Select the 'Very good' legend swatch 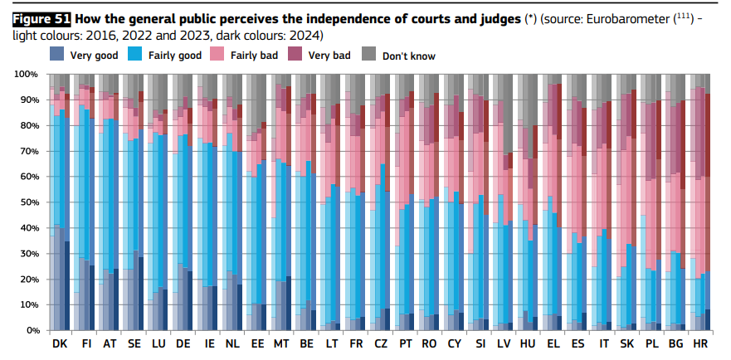(57, 55)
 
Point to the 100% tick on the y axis (27, 75)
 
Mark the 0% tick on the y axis (32, 330)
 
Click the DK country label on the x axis (60, 343)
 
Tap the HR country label (700, 343)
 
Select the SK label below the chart (626, 343)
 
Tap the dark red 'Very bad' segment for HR (708, 133)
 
